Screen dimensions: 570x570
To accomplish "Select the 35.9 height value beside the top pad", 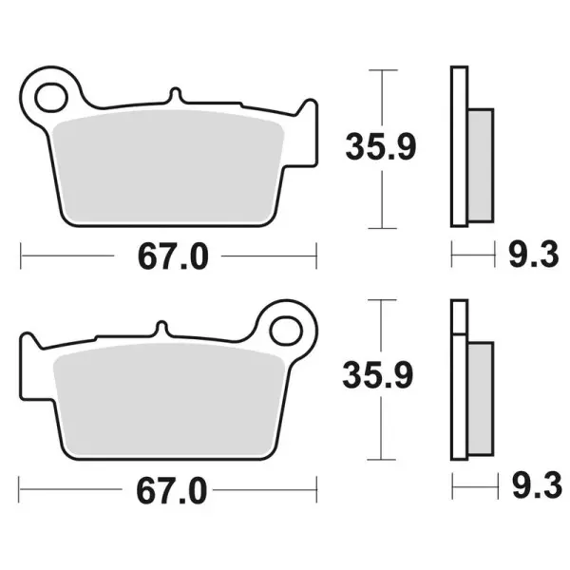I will click(x=380, y=148).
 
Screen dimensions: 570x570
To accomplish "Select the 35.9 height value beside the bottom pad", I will click(x=380, y=377).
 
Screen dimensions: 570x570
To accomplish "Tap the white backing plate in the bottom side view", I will click(x=460, y=389).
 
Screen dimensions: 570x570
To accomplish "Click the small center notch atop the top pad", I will click(x=174, y=96).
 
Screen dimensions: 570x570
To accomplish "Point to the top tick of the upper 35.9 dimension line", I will click(x=381, y=70).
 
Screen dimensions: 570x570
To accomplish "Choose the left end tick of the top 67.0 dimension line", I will click(x=22, y=255).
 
